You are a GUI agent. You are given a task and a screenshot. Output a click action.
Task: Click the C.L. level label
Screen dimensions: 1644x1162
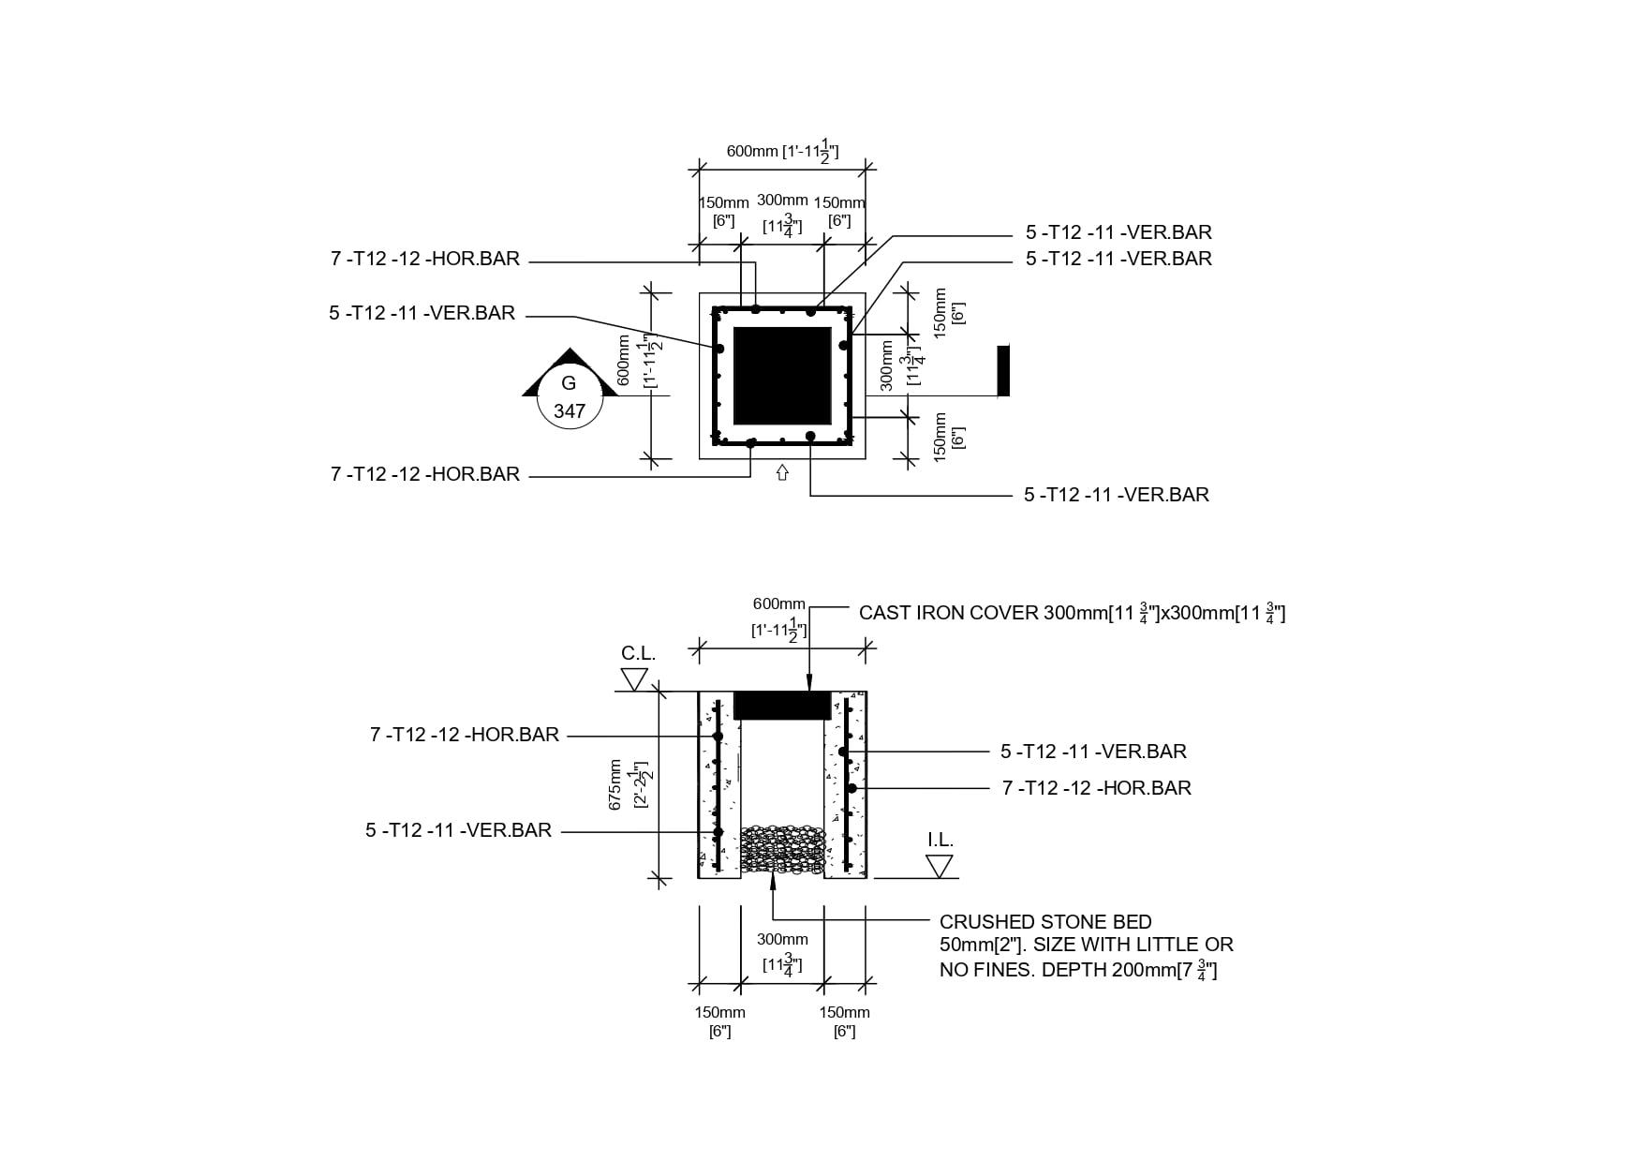point(638,653)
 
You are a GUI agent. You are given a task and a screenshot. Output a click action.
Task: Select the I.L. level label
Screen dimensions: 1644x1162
point(940,840)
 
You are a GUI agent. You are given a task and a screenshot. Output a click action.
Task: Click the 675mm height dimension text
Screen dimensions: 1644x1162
point(615,783)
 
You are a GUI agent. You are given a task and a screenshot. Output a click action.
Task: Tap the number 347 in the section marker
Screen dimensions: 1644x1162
point(570,411)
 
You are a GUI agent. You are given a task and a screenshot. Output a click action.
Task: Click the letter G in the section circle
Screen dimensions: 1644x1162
point(569,383)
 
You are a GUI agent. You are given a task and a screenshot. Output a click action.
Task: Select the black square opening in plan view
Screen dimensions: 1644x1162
point(782,376)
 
